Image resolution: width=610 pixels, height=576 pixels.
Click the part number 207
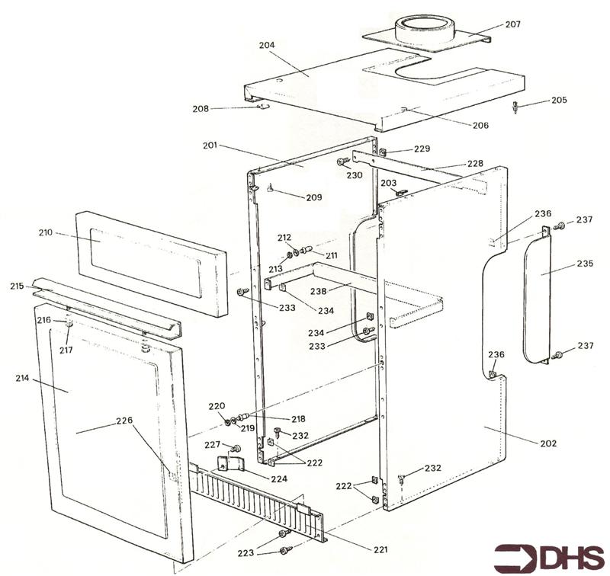(512, 24)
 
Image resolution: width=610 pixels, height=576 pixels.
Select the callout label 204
(267, 45)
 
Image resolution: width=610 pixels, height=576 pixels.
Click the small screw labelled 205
(516, 107)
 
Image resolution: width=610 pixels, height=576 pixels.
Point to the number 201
(210, 146)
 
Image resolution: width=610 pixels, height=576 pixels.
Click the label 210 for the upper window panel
(46, 233)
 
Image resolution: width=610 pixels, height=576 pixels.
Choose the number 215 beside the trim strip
(17, 286)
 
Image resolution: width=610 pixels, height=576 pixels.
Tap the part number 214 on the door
(23, 378)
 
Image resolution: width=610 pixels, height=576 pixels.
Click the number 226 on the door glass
(124, 420)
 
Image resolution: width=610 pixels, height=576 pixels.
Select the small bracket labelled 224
(231, 464)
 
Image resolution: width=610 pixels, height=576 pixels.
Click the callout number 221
(380, 549)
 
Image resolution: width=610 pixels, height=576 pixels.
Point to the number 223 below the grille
(246, 552)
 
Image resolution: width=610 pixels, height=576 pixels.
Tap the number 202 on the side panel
(548, 443)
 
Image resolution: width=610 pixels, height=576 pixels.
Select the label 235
(585, 264)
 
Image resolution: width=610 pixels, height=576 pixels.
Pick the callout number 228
(475, 163)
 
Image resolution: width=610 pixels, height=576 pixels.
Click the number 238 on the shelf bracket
(318, 291)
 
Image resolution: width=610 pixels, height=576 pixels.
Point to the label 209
(314, 197)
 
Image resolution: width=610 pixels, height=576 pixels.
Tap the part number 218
(298, 419)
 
